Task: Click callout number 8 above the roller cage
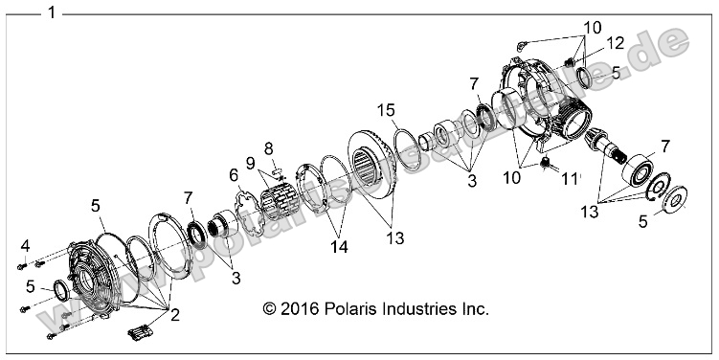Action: pyautogui.click(x=269, y=148)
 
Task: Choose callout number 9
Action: pyautogui.click(x=252, y=164)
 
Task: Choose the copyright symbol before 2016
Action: pyautogui.click(x=269, y=309)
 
